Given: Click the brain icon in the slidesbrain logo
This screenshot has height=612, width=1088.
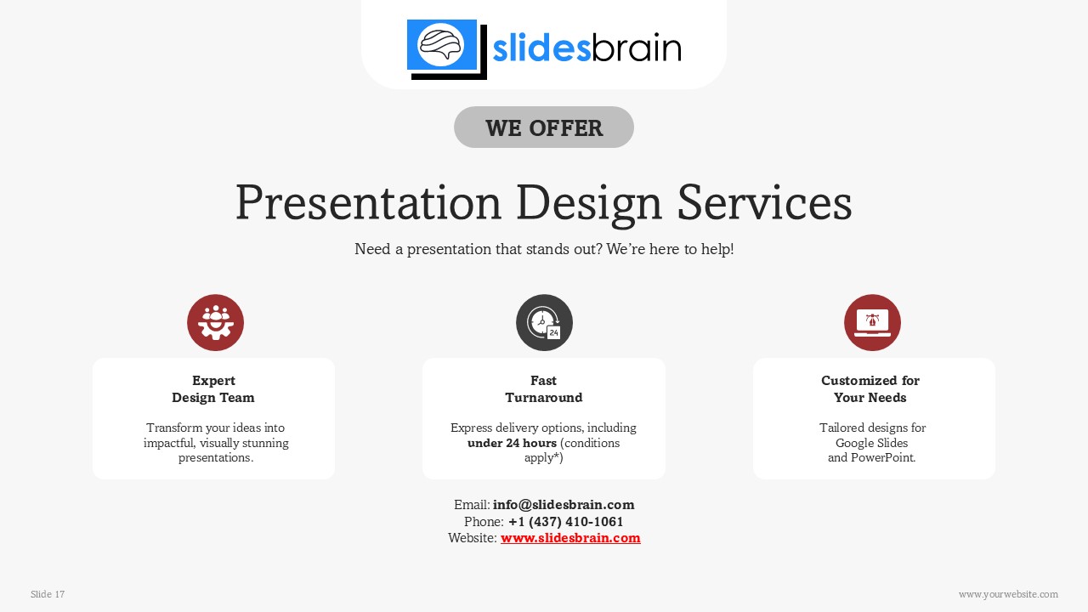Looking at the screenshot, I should click(441, 44).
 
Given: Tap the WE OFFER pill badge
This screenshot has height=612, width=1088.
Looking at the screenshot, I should click(544, 127).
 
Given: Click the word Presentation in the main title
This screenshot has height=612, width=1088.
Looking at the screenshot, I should click(368, 203).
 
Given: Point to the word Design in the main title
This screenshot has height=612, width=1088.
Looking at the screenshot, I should click(589, 203).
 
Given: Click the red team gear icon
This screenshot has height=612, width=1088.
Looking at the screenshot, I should click(215, 323).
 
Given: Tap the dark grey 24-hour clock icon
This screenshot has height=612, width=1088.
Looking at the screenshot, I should click(544, 323).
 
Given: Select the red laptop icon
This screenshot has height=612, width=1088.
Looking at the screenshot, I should click(872, 323).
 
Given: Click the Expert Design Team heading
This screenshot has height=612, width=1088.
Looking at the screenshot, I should click(213, 389).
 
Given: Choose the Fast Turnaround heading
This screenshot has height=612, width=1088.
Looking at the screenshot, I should click(544, 389).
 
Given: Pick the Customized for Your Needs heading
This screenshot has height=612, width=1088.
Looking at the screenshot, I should click(870, 389).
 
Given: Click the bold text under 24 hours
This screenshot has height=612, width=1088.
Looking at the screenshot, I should click(512, 443).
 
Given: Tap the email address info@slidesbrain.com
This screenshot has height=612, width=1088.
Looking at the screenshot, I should click(564, 505).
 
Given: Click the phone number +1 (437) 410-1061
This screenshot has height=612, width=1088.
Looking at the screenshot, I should click(565, 522).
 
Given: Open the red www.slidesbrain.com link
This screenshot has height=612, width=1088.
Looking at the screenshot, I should click(570, 538).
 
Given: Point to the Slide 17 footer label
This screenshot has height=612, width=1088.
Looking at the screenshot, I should click(48, 594).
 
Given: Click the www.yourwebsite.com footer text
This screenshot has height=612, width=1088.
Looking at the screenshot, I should click(1008, 594).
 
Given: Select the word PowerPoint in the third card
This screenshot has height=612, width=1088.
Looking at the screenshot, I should click(884, 457).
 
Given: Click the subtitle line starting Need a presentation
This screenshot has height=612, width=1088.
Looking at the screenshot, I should click(544, 249).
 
